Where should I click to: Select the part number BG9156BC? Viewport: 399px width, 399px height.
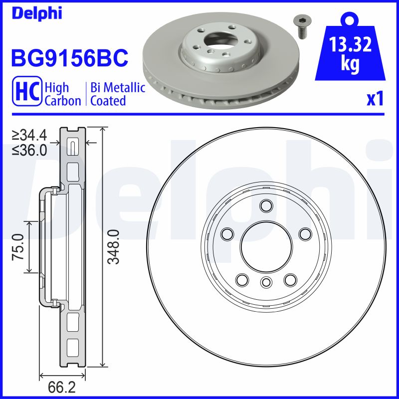pos(69,58)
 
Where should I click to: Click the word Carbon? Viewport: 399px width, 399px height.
pos(63,101)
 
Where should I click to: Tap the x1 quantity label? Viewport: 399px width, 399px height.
pos(375,99)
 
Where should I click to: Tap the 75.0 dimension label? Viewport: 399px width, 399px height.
pos(18,246)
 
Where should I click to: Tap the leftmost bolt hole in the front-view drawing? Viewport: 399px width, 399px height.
pos(227,233)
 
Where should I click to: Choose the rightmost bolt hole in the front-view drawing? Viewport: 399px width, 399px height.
pos(304,233)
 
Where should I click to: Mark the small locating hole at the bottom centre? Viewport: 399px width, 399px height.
pos(265,283)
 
